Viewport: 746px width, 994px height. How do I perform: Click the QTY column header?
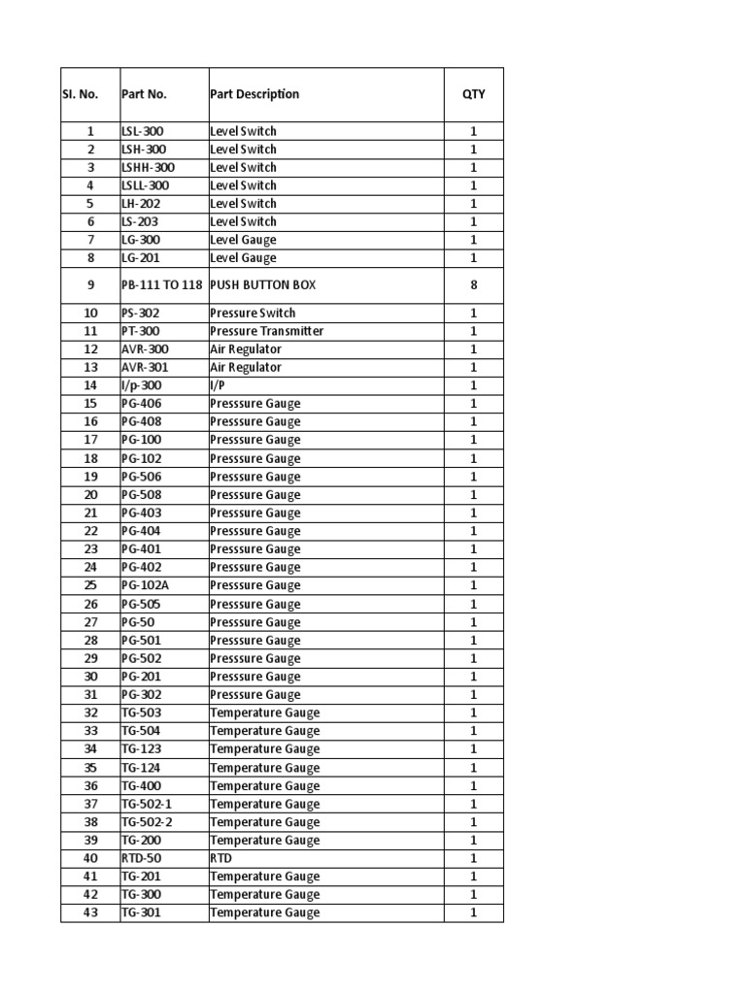(x=474, y=94)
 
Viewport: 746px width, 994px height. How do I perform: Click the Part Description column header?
(x=254, y=94)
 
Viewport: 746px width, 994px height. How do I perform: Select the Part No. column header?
(x=144, y=94)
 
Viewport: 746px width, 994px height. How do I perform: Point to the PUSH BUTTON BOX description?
(x=262, y=285)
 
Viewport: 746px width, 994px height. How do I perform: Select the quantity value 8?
(x=474, y=285)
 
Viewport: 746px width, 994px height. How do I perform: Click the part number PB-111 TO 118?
(x=162, y=285)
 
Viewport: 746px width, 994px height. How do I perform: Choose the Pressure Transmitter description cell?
(x=266, y=331)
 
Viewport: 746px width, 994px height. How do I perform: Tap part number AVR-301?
(x=146, y=367)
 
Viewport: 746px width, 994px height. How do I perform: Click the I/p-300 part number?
(x=142, y=385)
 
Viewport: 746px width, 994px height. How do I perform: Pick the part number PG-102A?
(x=146, y=585)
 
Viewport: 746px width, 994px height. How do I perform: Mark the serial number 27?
(x=90, y=622)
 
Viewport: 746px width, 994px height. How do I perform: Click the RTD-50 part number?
(x=142, y=858)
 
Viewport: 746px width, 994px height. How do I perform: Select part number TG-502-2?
(x=147, y=822)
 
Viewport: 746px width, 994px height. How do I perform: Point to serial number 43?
(x=90, y=912)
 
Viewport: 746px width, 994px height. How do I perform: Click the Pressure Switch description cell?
(x=253, y=313)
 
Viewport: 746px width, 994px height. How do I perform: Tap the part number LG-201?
(x=141, y=258)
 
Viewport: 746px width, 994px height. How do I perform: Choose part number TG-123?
(x=141, y=749)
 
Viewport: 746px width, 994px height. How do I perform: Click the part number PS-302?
(x=140, y=313)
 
